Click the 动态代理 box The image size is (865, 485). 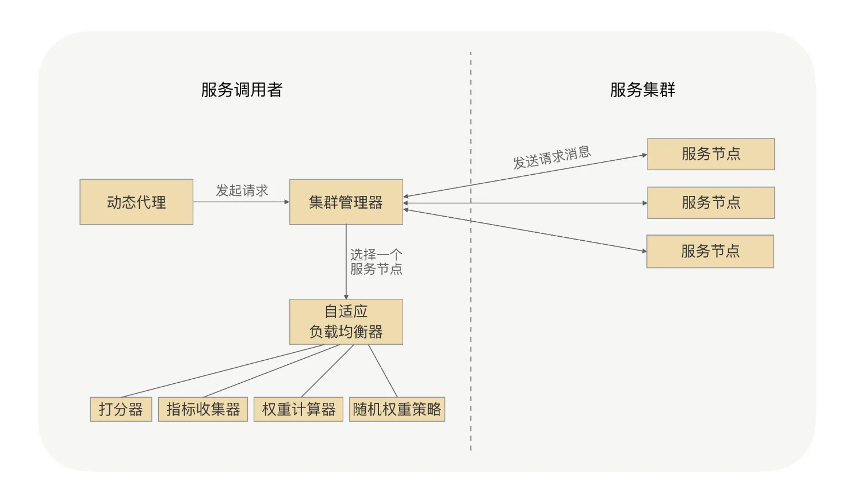coord(136,202)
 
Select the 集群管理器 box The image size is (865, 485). coord(346,202)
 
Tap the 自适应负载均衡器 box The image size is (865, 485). coord(346,321)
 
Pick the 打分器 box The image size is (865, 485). coord(121,409)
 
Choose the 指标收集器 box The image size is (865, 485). coord(202,409)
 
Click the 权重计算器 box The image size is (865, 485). coord(298,409)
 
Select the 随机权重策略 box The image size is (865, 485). coord(397,409)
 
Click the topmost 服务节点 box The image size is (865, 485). coord(710,154)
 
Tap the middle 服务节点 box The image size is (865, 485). coord(710,202)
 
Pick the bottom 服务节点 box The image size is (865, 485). coord(710,251)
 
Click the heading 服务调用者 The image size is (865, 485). coord(242,90)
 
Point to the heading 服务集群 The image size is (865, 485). coord(642,90)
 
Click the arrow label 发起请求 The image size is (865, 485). coord(242,190)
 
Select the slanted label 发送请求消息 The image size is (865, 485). coord(552,157)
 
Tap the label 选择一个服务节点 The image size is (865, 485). coord(376,261)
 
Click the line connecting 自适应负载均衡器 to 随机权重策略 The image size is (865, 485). coord(382,371)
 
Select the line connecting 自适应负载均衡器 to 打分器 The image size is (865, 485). coord(221,371)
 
